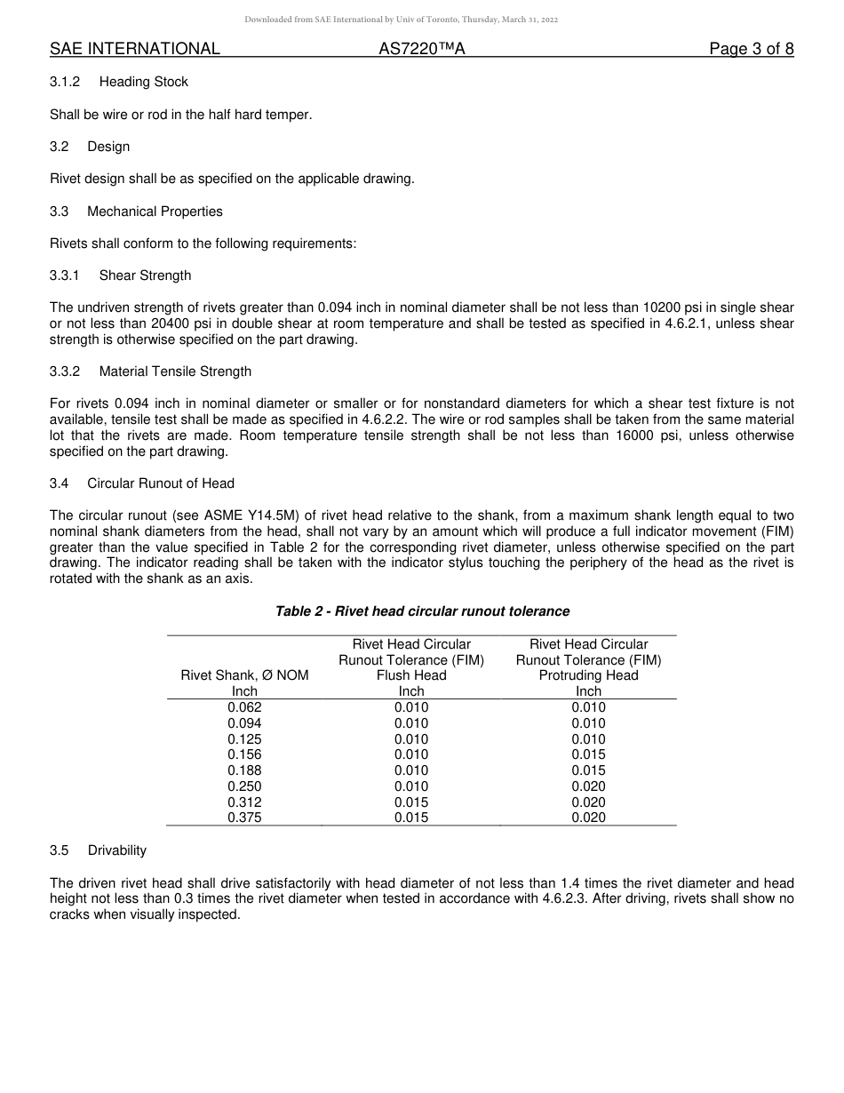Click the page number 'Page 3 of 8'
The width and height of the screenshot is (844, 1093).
tap(751, 49)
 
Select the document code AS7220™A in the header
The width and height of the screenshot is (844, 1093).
tap(421, 49)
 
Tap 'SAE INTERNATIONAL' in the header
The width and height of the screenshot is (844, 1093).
tap(135, 49)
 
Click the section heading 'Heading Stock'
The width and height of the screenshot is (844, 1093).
tap(143, 82)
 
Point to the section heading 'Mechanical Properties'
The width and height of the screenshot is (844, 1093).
tap(155, 211)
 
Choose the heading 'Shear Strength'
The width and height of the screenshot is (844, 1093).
tap(145, 275)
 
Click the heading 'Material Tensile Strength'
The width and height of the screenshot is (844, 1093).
tap(175, 371)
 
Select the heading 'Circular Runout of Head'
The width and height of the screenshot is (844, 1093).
tap(161, 483)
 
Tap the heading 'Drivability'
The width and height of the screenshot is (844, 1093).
tap(116, 850)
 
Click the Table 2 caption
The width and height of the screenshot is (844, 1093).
tap(422, 611)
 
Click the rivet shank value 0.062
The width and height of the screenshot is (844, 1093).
tap(244, 707)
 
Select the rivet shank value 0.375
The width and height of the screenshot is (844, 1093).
tap(244, 818)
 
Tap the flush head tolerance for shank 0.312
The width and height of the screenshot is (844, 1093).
tap(411, 802)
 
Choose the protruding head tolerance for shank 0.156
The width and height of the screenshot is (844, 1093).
tap(588, 754)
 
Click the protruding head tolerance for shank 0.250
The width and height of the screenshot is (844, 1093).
tap(588, 786)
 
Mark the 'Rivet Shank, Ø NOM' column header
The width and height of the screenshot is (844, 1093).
tap(244, 675)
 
